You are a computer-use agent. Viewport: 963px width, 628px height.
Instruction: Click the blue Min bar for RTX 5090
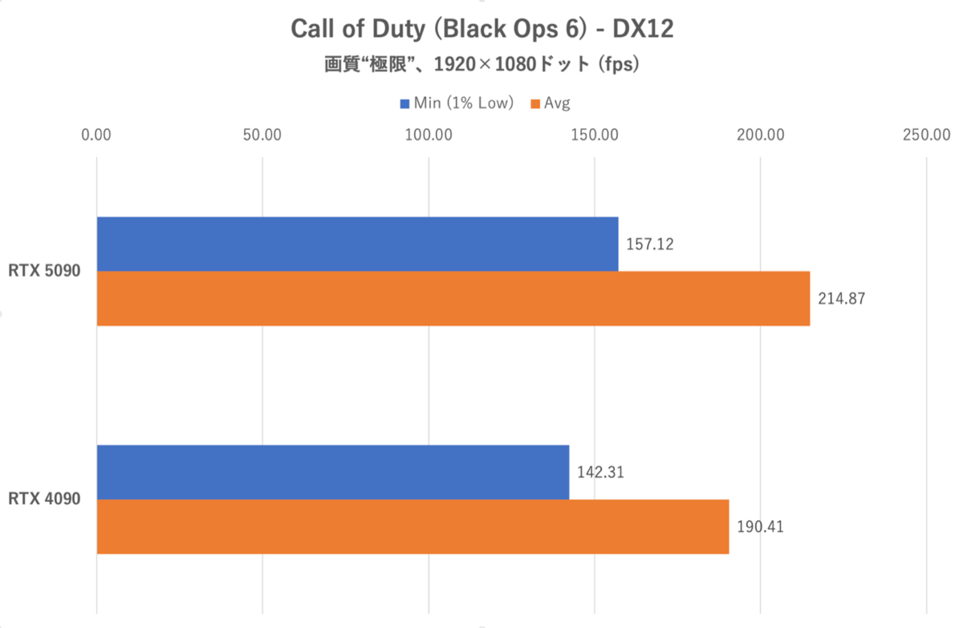click(357, 244)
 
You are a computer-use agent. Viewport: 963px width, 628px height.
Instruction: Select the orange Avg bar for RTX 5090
click(453, 298)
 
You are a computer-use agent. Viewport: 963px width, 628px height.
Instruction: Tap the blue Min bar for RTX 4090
click(333, 472)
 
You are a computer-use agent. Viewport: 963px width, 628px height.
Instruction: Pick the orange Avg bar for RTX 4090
click(412, 527)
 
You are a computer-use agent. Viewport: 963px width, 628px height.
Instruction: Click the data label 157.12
click(649, 244)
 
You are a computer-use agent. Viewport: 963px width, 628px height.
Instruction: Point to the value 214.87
click(841, 298)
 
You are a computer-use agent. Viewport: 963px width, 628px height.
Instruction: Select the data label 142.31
click(600, 472)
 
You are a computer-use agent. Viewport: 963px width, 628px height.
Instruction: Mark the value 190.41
click(760, 527)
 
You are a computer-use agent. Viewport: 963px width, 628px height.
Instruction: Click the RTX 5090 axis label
click(44, 271)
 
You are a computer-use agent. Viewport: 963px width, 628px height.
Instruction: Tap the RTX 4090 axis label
click(44, 500)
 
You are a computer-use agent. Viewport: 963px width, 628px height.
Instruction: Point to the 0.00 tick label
click(97, 135)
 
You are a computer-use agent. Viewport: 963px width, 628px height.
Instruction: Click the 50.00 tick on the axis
click(262, 135)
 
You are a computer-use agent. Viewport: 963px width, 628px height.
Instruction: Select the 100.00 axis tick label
click(429, 135)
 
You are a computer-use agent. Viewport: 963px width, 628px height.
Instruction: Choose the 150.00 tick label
click(595, 135)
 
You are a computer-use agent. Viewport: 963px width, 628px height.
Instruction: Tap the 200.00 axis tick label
click(761, 135)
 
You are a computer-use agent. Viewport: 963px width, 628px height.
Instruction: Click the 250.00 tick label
click(926, 135)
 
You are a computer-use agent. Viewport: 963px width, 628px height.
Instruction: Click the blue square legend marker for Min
click(404, 103)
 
